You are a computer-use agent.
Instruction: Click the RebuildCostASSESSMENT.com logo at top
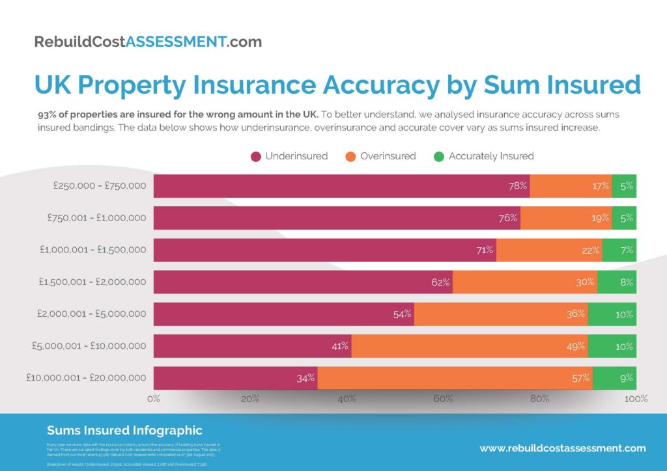point(148,42)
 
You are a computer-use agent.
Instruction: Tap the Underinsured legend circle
point(256,156)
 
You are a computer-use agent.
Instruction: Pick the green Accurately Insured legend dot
point(438,156)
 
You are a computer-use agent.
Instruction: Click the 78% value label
point(518,186)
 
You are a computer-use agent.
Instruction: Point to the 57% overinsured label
point(581,378)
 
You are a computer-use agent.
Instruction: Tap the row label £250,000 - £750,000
point(100,186)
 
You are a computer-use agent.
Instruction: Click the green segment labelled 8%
point(617,282)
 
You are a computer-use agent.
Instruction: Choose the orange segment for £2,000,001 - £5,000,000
point(501,314)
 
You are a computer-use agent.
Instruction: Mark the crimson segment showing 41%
point(252,346)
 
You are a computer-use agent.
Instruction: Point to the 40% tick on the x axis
point(347,399)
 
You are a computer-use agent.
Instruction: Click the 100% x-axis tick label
point(635,399)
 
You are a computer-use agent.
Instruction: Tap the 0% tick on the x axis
point(154,399)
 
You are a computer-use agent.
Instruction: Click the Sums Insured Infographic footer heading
point(124,431)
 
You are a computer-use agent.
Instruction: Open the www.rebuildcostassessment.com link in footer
point(563,448)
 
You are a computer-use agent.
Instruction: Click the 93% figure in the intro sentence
point(48,114)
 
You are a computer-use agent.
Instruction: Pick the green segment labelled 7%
point(619,250)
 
